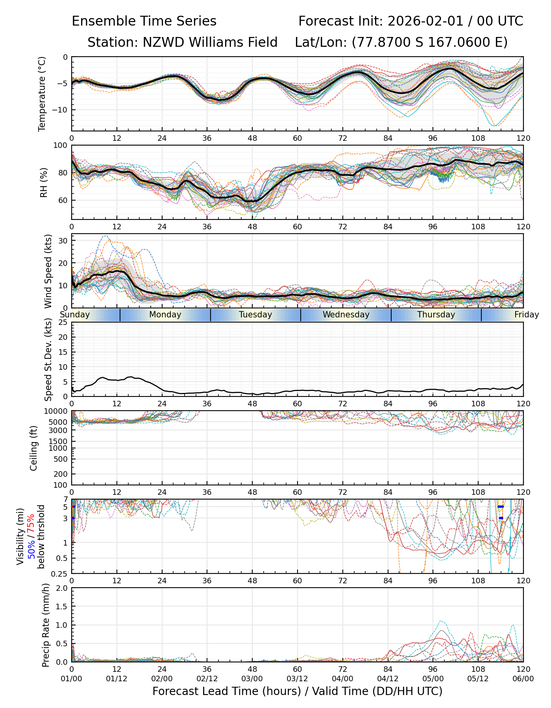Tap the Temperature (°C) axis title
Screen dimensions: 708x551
pyautogui.click(x=42, y=94)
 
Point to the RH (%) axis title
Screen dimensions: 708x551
pyautogui.click(x=44, y=182)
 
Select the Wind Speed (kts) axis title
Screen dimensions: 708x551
pyautogui.click(x=48, y=271)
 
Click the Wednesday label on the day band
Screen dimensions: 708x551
pyautogui.click(x=346, y=315)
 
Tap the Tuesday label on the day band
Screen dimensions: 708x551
pyautogui.click(x=255, y=315)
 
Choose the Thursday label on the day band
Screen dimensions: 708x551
pyautogui.click(x=436, y=315)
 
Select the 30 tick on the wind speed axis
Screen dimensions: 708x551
pyautogui.click(x=63, y=240)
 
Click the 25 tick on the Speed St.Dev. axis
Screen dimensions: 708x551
pyautogui.click(x=63, y=323)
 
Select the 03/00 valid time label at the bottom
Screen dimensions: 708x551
pyautogui.click(x=252, y=679)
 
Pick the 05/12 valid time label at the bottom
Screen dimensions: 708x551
pyautogui.click(x=478, y=679)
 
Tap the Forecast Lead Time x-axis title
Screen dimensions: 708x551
pyautogui.click(x=297, y=691)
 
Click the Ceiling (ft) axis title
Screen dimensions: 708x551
pyautogui.click(x=34, y=448)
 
